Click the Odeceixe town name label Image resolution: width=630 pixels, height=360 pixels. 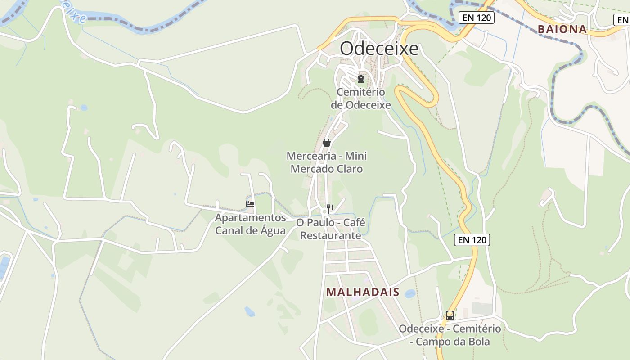click(379, 49)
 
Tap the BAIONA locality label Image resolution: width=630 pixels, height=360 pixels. click(562, 30)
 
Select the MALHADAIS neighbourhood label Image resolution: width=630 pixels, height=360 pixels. click(363, 292)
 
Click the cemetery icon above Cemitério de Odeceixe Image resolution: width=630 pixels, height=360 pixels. click(360, 79)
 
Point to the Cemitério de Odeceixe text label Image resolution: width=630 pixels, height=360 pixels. click(361, 99)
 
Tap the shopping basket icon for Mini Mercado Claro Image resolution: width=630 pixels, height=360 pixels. click(327, 143)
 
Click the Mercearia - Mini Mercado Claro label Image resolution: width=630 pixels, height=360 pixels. click(327, 162)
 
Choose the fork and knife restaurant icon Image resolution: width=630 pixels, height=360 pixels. click(330, 208)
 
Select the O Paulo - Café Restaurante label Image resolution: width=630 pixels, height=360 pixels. click(330, 229)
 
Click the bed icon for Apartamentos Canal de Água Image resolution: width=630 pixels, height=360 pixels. click(250, 204)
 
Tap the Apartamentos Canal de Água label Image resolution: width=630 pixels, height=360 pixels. click(250, 224)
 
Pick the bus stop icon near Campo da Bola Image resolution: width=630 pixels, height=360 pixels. click(450, 315)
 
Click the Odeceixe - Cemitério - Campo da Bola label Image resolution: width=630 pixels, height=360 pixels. click(450, 335)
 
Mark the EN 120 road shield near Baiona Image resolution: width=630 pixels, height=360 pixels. click(477, 18)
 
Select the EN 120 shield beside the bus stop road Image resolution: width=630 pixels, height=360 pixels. click(472, 240)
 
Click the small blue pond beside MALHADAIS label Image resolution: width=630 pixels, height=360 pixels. click(410, 294)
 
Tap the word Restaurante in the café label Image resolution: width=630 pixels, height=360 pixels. click(330, 235)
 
